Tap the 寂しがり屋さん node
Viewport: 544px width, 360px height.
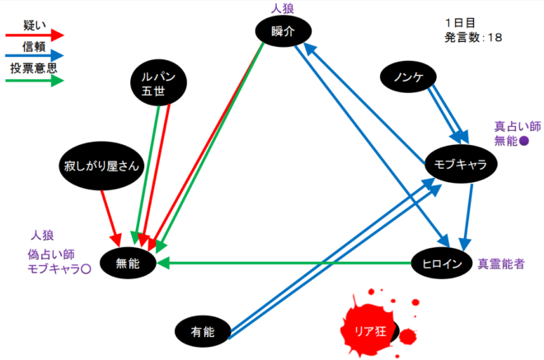[102, 166]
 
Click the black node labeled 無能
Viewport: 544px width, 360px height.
[129, 264]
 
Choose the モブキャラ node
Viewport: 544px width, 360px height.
[460, 164]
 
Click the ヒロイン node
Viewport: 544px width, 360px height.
[439, 264]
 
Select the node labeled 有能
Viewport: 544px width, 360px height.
[202, 331]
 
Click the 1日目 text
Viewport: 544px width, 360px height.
[458, 22]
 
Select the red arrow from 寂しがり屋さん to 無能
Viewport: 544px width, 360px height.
[109, 214]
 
